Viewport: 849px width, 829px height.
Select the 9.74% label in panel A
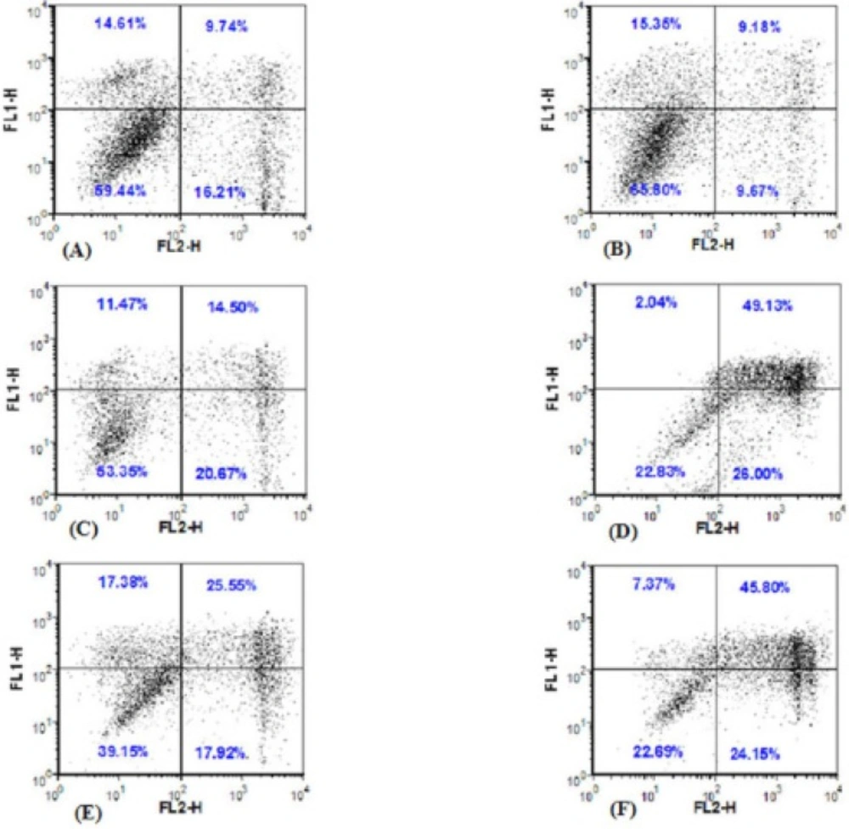[x=226, y=27]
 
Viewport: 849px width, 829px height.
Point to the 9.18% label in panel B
[x=759, y=27]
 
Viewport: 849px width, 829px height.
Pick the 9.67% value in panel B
[x=758, y=193]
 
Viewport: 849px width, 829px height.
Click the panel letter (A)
[x=74, y=250]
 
